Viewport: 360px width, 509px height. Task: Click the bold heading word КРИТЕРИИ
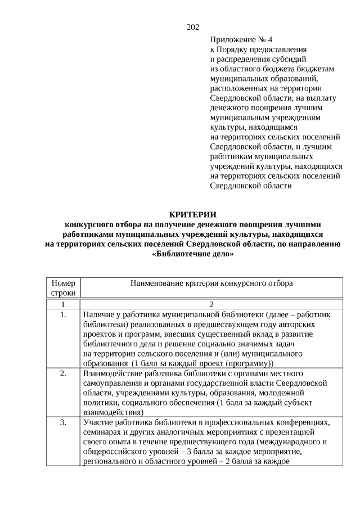[x=193, y=214]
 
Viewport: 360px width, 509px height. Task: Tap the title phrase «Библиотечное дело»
[x=193, y=254]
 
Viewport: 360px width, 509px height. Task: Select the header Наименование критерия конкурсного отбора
[x=211, y=283]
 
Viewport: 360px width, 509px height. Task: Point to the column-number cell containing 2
[x=211, y=304]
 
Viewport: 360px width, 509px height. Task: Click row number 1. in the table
[x=63, y=314]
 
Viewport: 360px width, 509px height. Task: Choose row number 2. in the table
[x=63, y=373]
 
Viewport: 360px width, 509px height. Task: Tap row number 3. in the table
[x=63, y=422]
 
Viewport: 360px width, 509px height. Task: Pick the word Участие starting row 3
[x=97, y=422]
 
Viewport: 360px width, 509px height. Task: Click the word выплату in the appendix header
[x=322, y=97]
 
